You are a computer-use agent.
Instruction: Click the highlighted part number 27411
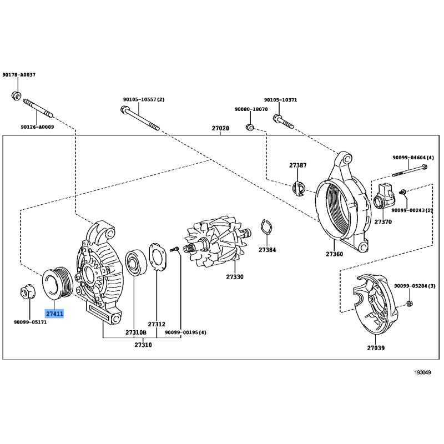54,314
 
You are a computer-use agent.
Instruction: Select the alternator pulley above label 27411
58,282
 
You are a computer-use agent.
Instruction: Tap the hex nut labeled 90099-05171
28,292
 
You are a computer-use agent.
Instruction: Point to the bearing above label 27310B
136,263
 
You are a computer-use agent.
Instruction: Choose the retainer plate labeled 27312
158,258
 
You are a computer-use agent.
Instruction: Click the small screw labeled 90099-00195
174,249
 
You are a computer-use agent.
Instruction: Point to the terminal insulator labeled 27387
298,188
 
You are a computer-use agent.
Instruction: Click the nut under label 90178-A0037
16,95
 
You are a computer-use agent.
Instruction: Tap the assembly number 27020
220,128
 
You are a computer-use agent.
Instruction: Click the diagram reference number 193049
422,372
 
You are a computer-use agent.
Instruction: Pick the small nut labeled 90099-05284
409,304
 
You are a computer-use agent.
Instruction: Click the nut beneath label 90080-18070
249,128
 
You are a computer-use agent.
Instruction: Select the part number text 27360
334,254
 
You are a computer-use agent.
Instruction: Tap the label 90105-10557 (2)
144,100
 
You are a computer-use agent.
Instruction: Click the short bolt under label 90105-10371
283,121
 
